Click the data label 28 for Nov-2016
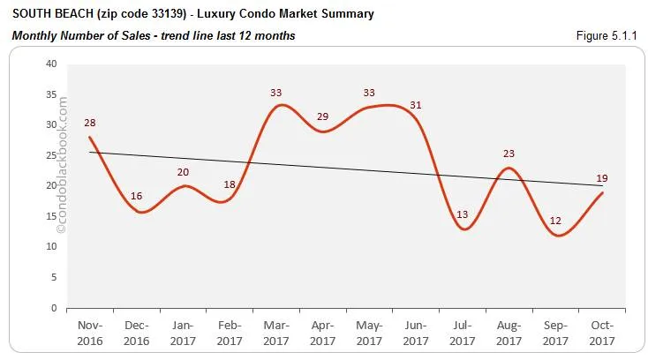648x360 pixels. click(x=90, y=124)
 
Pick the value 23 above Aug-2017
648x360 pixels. click(x=509, y=154)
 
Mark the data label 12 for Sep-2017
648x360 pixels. click(x=555, y=221)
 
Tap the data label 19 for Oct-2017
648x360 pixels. click(x=602, y=178)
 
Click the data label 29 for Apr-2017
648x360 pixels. click(x=323, y=116)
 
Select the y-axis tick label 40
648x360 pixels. click(x=51, y=64)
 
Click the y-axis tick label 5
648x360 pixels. click(x=54, y=278)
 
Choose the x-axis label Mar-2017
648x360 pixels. click(x=276, y=332)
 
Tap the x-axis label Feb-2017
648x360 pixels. click(x=230, y=332)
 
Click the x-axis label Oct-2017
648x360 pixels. click(x=602, y=332)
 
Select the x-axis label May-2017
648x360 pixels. click(x=370, y=332)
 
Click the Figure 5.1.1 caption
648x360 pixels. click(x=610, y=35)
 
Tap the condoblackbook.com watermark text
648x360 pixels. click(x=62, y=168)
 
